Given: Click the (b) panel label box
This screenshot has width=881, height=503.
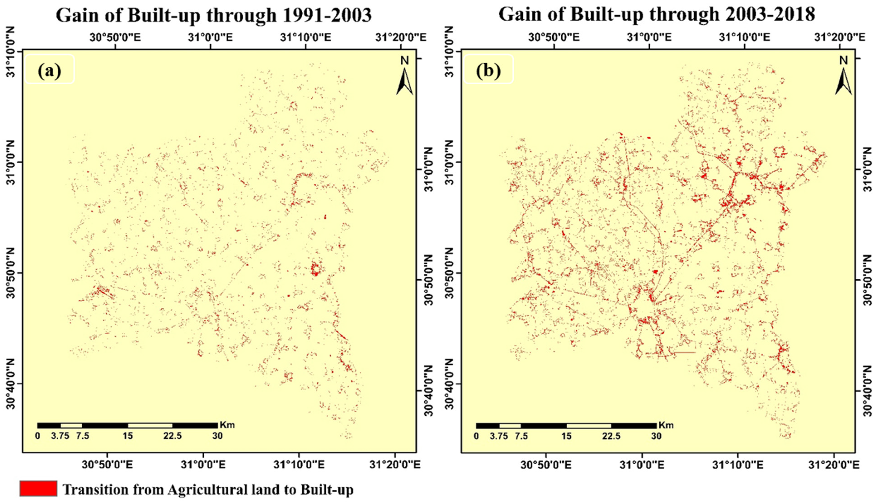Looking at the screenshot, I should click(488, 69).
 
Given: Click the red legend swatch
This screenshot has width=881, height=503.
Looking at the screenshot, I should click(38, 488).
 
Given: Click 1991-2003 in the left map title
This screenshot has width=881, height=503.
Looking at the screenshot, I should click(327, 15).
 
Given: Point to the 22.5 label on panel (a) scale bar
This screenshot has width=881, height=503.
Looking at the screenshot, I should click(172, 436).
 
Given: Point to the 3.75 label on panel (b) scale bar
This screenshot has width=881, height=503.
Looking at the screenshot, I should click(499, 436).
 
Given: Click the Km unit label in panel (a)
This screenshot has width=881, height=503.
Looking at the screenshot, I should click(227, 425).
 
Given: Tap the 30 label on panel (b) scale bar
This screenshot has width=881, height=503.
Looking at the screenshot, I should click(656, 436).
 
